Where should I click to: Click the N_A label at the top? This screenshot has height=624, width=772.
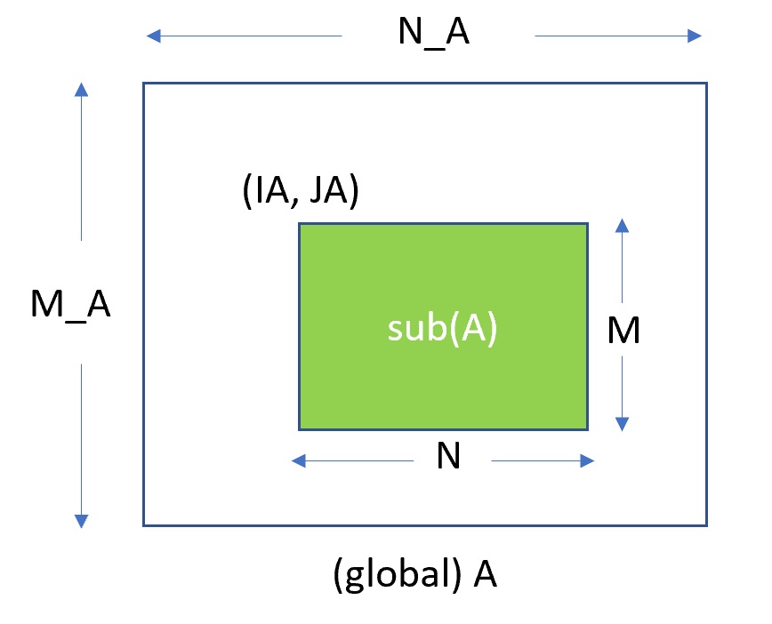[433, 36]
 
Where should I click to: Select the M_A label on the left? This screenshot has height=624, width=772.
[71, 305]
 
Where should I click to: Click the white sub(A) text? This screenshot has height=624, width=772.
[442, 328]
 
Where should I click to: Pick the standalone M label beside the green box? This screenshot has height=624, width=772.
[623, 332]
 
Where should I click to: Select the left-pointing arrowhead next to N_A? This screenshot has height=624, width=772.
[154, 36]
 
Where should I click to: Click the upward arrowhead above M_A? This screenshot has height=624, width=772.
[81, 89]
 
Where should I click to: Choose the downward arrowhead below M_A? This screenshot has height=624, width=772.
[81, 521]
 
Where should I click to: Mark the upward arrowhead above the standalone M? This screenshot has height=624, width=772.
[622, 225]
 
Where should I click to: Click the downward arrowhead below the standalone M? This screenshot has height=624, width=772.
[622, 425]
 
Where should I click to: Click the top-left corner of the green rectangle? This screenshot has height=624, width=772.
[299, 224]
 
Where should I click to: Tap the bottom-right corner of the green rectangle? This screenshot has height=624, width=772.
[587, 428]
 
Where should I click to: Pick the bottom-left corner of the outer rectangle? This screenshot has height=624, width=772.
[144, 524]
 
